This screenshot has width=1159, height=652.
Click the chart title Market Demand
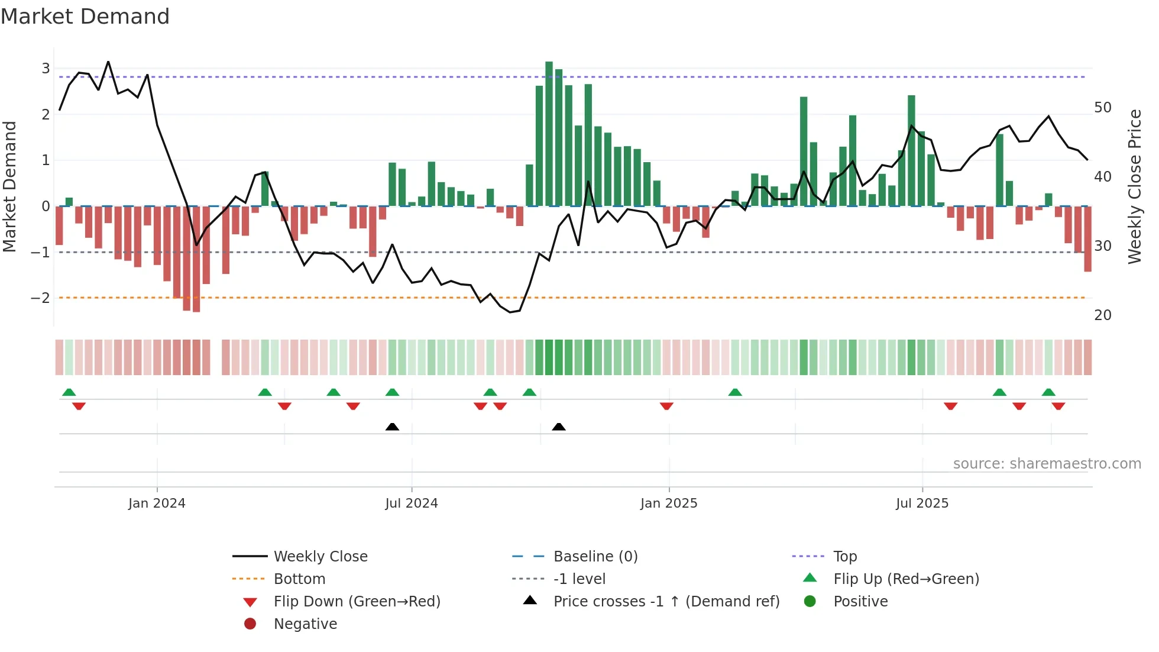(85, 17)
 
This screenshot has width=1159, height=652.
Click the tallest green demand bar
(549, 134)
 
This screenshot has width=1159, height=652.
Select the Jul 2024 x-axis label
(412, 503)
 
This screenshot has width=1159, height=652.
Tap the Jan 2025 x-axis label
(669, 503)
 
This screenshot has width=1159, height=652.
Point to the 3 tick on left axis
(46, 68)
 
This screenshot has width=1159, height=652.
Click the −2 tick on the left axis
(41, 298)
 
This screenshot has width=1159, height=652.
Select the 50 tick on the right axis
(1103, 108)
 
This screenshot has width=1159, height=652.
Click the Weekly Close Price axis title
(1134, 186)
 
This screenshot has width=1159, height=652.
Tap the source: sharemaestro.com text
(1047, 464)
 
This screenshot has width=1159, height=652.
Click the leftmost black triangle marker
(392, 427)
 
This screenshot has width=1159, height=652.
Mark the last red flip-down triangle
(1058, 406)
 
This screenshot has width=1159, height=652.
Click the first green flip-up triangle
(69, 392)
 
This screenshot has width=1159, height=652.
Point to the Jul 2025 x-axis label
(922, 503)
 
